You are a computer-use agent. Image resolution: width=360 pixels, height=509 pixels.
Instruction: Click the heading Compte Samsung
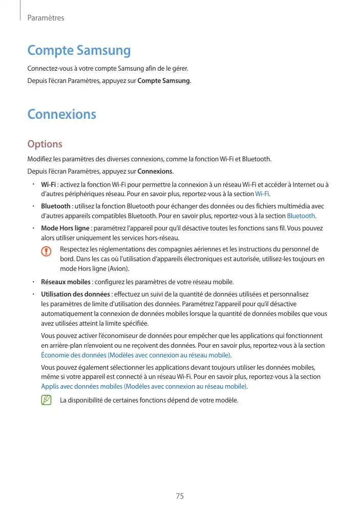click(79, 51)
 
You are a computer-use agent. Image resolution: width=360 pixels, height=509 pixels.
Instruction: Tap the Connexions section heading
click(61, 114)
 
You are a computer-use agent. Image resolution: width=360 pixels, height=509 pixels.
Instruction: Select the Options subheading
click(45, 144)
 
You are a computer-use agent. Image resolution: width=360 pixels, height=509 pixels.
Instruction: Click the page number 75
click(180, 496)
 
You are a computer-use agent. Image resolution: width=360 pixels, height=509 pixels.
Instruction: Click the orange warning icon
click(48, 251)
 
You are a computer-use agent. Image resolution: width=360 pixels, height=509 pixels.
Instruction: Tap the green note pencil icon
click(48, 399)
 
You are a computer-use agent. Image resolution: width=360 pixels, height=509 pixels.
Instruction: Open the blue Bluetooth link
click(301, 216)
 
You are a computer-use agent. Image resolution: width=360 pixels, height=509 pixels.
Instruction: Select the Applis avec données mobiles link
click(143, 386)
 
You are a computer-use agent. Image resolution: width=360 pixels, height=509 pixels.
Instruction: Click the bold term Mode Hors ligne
click(65, 228)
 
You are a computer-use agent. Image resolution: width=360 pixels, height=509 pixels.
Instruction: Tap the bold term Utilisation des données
click(75, 294)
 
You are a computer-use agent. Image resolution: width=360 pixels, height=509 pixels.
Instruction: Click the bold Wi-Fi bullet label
click(49, 184)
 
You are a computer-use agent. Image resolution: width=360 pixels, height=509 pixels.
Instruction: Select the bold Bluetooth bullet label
click(56, 206)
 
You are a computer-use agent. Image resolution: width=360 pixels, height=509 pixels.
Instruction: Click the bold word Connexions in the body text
click(155, 171)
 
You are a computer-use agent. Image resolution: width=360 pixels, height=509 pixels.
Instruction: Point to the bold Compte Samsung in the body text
click(164, 81)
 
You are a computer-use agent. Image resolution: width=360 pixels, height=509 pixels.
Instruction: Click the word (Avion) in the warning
click(117, 268)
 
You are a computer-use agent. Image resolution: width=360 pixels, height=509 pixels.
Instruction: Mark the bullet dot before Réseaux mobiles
click(32, 282)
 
